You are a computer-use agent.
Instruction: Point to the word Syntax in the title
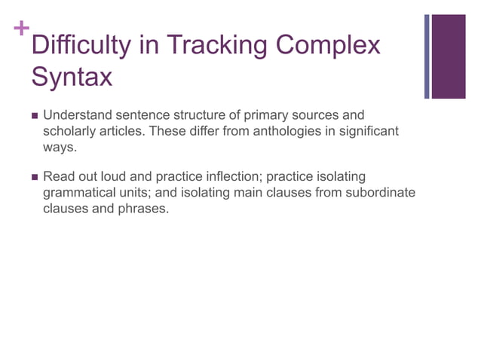click(x=72, y=76)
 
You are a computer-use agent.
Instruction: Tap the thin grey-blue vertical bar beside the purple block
click(x=427, y=56)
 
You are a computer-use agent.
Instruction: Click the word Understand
click(x=76, y=115)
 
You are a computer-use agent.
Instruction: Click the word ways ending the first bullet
click(x=59, y=147)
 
